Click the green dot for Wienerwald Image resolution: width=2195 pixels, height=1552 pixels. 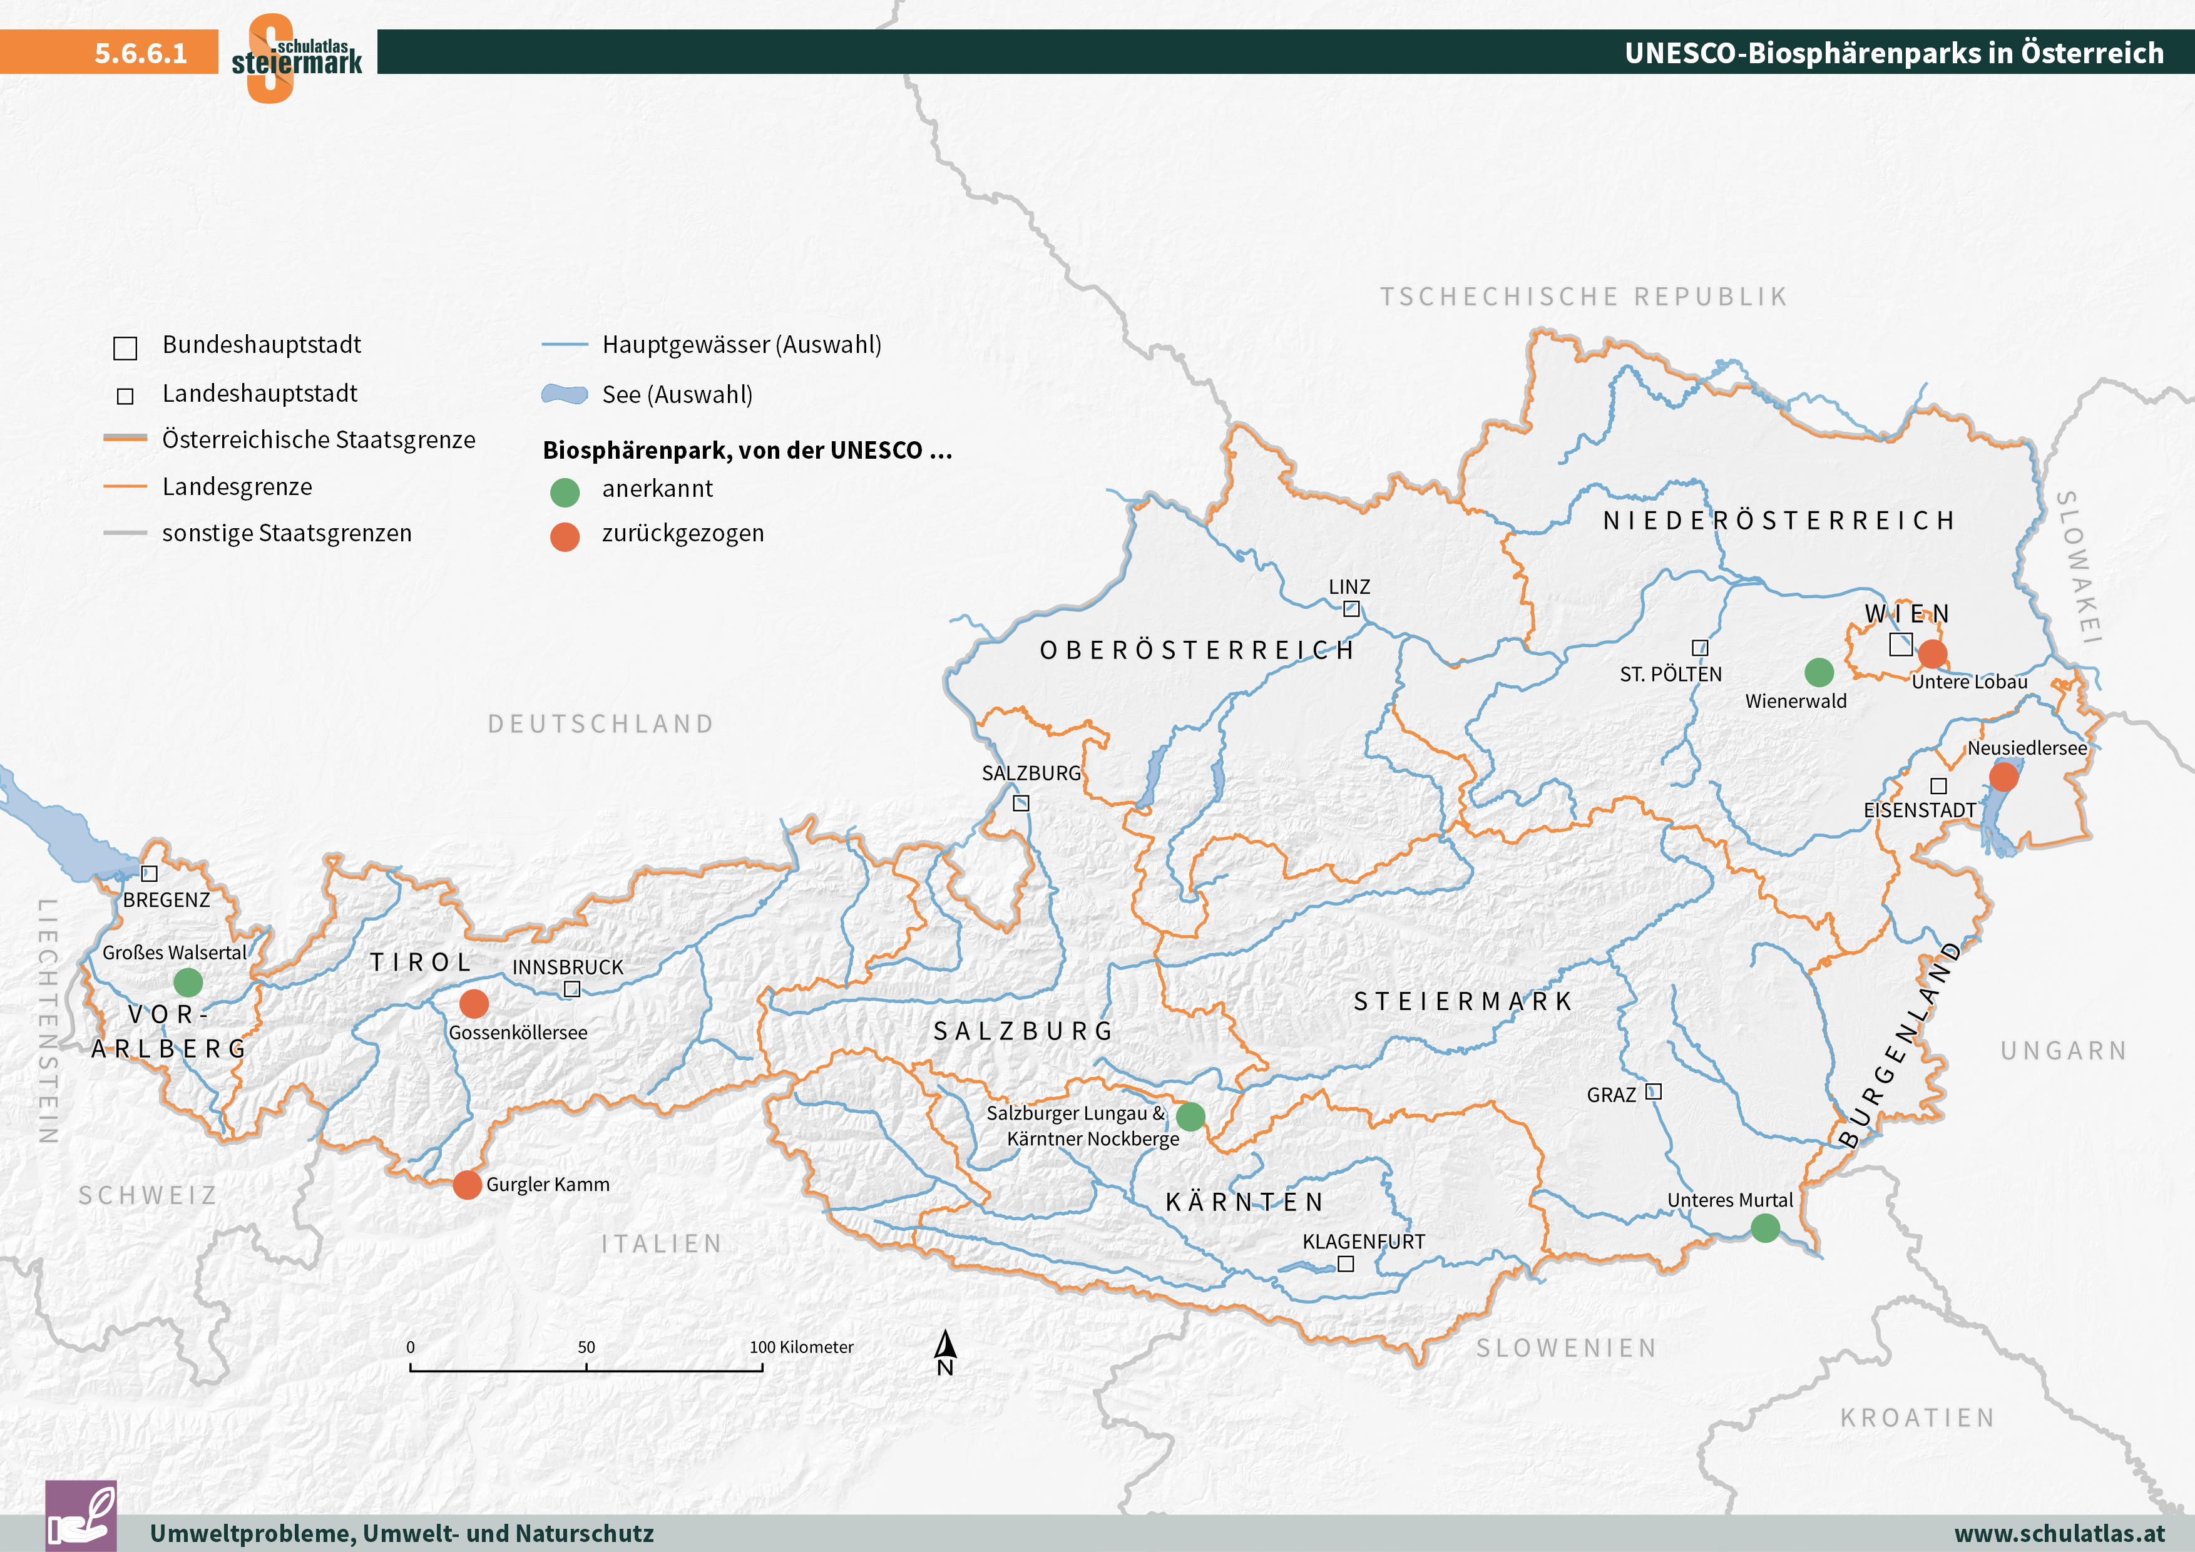click(x=1818, y=672)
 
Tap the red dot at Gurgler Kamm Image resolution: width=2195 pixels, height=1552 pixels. click(x=466, y=1184)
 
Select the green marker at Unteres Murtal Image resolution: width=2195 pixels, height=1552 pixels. click(x=1765, y=1228)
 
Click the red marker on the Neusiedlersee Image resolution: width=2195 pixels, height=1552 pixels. click(x=2004, y=776)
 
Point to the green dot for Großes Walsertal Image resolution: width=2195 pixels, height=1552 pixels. click(x=188, y=981)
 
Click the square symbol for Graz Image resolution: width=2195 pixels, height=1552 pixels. click(x=1653, y=1091)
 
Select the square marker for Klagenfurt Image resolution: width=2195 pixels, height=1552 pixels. click(x=1345, y=1264)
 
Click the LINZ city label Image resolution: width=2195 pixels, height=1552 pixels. click(x=1349, y=587)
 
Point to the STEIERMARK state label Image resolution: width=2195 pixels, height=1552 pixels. click(x=1463, y=1001)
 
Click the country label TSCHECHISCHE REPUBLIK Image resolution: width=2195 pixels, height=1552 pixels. click(x=1583, y=297)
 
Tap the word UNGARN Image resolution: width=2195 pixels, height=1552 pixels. click(x=2063, y=1051)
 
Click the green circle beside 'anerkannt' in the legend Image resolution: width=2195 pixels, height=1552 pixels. click(x=565, y=492)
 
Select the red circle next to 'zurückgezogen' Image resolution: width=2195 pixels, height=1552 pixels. click(x=565, y=537)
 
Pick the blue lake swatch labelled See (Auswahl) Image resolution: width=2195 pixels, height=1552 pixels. click(x=564, y=395)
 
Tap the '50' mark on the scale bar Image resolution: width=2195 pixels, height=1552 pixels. click(x=586, y=1347)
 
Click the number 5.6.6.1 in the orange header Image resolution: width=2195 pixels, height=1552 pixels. click(x=141, y=53)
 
